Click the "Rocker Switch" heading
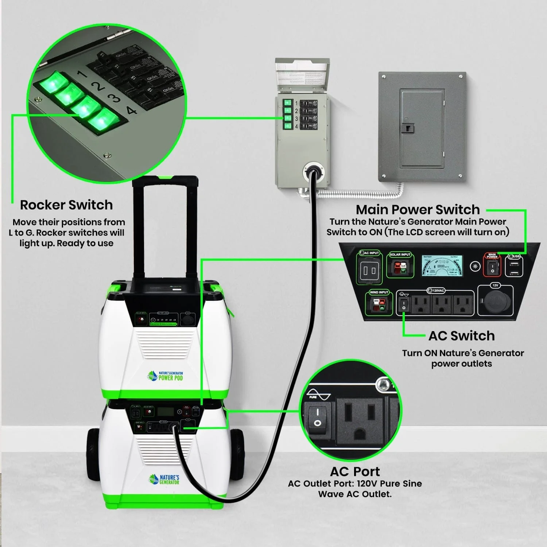coord(66,205)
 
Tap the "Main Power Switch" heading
coord(418,210)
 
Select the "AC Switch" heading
coord(461,336)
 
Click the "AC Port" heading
coord(355,472)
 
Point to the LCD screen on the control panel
coord(442,265)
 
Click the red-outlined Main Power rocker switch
coord(492,268)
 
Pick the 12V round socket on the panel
coord(495,302)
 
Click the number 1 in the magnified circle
coord(82,74)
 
